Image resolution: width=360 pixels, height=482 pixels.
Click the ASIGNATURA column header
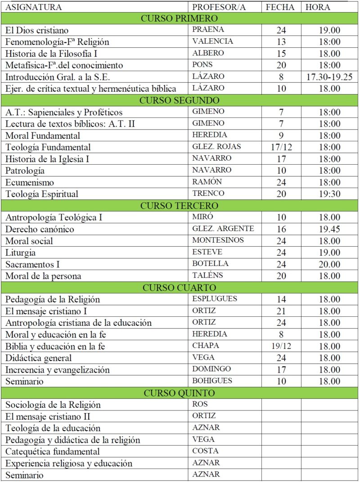click(33, 7)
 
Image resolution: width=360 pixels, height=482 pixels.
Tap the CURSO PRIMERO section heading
click(180, 18)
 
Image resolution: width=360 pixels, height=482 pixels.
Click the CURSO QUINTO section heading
click(180, 393)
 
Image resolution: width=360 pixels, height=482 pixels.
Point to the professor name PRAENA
click(208, 30)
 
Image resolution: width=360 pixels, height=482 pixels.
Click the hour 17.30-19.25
click(329, 77)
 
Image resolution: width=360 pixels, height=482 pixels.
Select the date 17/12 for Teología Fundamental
click(282, 147)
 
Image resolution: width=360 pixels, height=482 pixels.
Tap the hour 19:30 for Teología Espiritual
click(329, 194)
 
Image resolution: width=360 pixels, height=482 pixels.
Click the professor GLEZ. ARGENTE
click(223, 229)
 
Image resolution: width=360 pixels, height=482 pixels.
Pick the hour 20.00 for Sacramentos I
click(329, 264)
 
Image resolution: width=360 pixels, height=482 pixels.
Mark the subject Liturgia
click(21, 252)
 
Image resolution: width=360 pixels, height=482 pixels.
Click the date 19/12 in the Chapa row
click(282, 346)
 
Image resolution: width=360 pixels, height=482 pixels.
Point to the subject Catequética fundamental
click(53, 451)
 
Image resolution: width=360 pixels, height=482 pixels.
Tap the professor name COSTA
click(205, 450)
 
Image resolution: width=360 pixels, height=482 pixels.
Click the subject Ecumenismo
click(30, 182)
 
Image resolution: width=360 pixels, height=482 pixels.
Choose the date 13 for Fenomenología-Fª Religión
click(282, 42)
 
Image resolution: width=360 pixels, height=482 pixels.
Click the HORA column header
click(318, 7)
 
